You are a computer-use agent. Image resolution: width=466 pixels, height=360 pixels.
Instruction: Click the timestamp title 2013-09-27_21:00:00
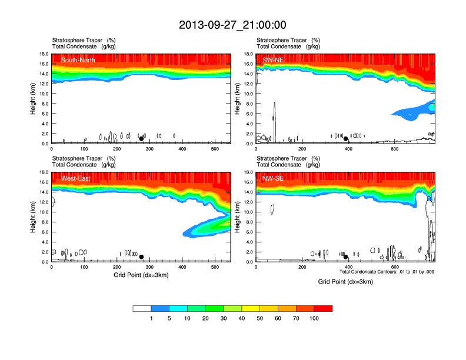(232, 25)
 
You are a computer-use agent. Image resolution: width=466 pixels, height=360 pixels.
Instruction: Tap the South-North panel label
(79, 60)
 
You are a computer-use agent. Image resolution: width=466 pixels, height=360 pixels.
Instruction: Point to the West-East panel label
(76, 178)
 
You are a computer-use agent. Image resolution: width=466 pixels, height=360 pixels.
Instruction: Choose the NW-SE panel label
(273, 178)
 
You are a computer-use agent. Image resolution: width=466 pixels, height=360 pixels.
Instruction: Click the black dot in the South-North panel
(141, 138)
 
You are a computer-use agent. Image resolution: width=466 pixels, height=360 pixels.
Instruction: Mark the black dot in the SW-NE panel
(346, 138)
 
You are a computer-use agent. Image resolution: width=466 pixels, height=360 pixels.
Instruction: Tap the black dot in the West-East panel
(141, 256)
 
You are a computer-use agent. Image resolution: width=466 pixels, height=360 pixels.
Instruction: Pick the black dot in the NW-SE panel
(346, 256)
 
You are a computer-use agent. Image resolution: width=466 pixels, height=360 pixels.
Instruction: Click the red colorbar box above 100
(323, 308)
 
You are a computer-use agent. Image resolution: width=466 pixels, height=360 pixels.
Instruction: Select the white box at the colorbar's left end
(142, 308)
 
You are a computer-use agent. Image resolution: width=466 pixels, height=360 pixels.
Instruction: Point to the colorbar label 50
(260, 318)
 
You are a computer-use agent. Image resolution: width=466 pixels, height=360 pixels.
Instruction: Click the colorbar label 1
(151, 318)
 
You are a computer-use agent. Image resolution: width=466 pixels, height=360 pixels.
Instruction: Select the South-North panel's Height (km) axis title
(34, 99)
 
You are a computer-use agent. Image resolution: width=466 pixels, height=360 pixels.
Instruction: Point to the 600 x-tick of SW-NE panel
(394, 149)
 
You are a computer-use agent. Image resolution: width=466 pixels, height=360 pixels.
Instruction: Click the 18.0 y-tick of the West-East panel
(44, 172)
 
